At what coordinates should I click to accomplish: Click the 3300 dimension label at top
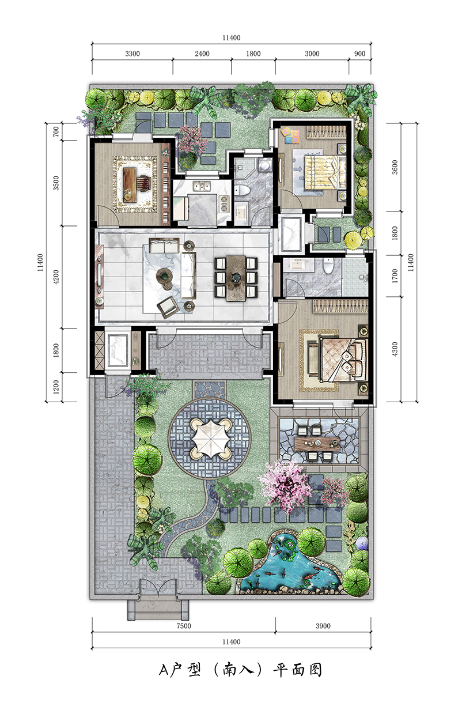(132, 54)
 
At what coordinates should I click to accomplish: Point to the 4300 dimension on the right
(395, 349)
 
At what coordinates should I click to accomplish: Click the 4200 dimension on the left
(56, 277)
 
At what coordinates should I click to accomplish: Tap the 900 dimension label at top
(359, 54)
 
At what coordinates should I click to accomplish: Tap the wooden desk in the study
(130, 185)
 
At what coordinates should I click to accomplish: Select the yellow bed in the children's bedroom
(325, 172)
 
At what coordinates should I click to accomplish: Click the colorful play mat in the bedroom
(290, 135)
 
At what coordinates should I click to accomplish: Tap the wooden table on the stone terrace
(317, 443)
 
